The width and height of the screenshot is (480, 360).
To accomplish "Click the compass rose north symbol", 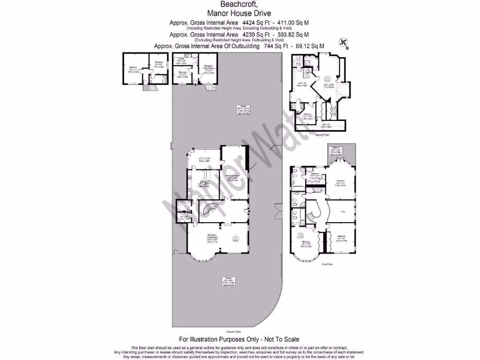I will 343,43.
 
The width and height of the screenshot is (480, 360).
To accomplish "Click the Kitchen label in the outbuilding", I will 181,59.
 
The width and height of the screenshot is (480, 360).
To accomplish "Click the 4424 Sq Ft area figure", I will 255,22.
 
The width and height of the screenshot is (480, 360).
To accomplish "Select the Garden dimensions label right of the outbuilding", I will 243,110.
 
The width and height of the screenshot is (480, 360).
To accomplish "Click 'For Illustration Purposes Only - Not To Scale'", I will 240,339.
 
